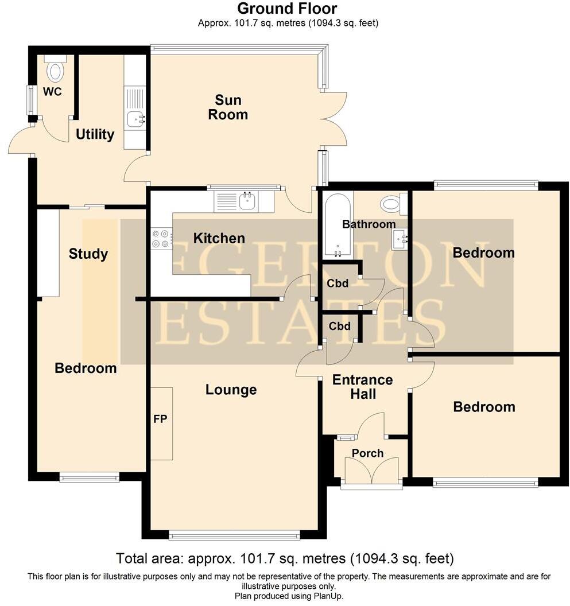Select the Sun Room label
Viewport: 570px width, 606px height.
click(x=228, y=107)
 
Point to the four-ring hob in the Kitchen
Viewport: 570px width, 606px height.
click(x=161, y=238)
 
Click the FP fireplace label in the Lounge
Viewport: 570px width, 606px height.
click(x=160, y=419)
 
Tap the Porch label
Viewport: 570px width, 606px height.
click(x=367, y=453)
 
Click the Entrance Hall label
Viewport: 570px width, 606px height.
click(x=363, y=387)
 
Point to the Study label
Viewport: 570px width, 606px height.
click(x=88, y=254)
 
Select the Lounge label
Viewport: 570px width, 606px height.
click(x=231, y=390)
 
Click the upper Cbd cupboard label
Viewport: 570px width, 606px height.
click(x=339, y=283)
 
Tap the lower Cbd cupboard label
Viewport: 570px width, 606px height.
click(x=340, y=326)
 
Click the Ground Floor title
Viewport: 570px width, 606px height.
click(x=287, y=9)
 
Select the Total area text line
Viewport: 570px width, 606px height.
click(x=285, y=558)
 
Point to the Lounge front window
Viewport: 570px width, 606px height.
click(x=234, y=536)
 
